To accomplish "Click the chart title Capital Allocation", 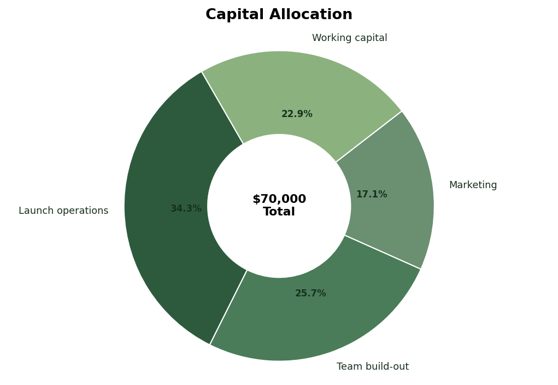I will click(279, 15).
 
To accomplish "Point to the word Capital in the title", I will click(234, 15).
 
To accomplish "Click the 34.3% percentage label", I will click(186, 209).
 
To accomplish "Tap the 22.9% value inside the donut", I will click(297, 114).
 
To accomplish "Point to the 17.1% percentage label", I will click(372, 195).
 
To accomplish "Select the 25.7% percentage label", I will click(310, 294).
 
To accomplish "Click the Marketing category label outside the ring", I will click(473, 185).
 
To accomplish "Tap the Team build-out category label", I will click(373, 367).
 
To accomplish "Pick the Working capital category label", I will click(349, 38).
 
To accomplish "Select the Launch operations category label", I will click(63, 211).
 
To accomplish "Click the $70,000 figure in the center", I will click(279, 200).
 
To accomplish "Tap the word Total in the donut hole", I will click(279, 212).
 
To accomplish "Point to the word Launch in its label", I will click(34, 211).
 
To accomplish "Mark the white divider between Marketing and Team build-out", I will click(383, 252).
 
